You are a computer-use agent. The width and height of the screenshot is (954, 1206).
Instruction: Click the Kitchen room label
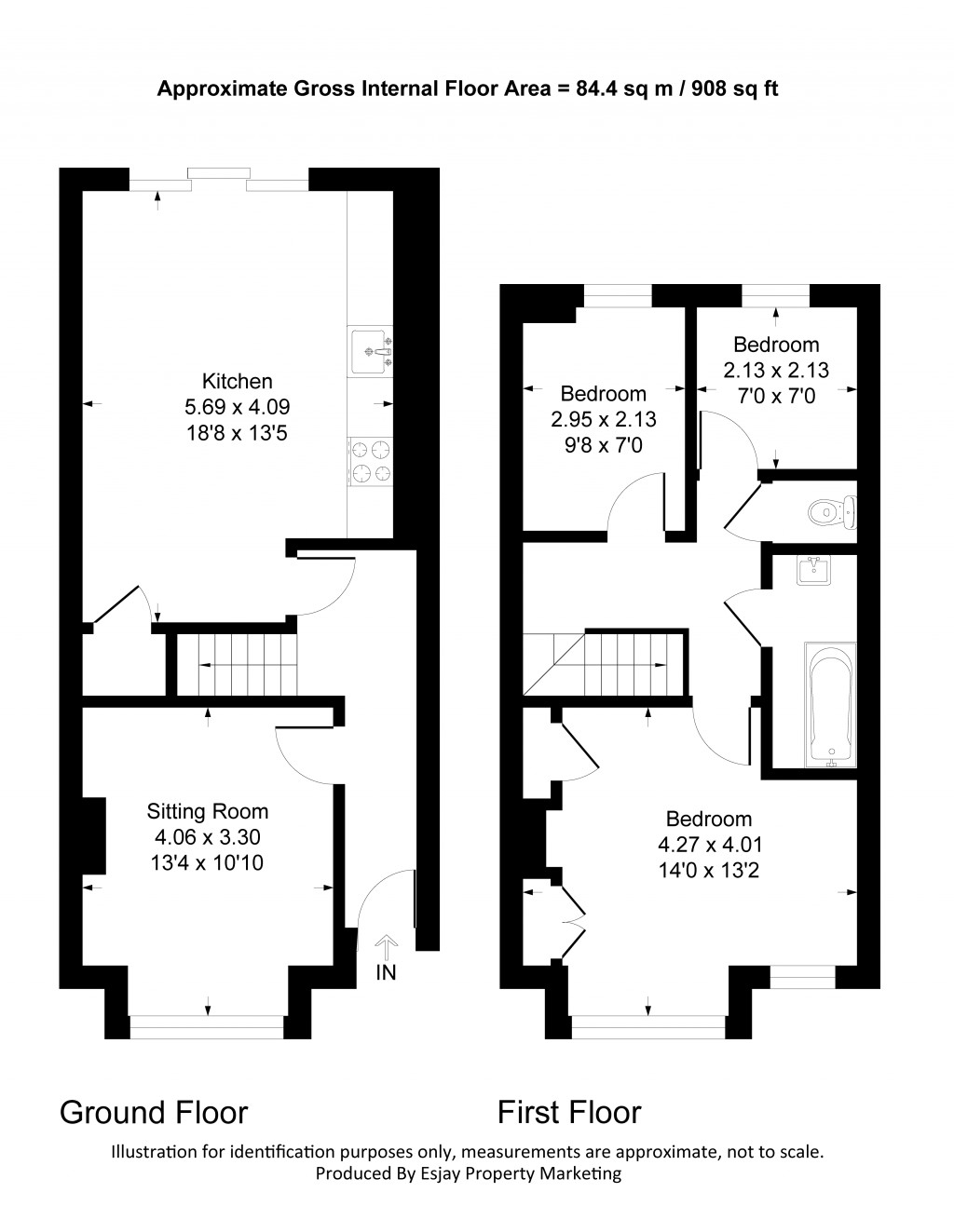tap(238, 381)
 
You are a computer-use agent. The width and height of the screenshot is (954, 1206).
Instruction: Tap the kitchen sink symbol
tap(371, 351)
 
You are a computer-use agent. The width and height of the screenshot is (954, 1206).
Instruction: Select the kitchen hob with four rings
tap(370, 462)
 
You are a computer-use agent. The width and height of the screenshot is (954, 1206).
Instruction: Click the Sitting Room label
tap(208, 811)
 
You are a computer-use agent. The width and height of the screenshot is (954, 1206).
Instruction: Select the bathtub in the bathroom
tap(830, 705)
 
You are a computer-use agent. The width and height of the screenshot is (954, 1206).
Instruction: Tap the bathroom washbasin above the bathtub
tap(814, 570)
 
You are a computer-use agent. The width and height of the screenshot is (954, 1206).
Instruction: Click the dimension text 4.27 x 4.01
tap(709, 845)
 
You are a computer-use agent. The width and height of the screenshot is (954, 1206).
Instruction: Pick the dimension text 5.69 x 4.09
tap(238, 407)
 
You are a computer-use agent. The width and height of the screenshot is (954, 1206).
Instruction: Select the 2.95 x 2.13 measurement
tap(604, 419)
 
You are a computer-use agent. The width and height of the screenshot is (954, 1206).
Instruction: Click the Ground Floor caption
tap(154, 1112)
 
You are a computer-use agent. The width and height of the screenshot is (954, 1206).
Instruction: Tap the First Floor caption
tap(568, 1112)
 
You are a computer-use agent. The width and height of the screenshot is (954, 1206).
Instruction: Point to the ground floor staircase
tap(237, 665)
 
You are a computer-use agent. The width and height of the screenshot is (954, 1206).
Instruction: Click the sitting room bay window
tap(206, 1027)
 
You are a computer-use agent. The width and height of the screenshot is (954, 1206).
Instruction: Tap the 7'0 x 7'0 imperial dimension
tap(776, 396)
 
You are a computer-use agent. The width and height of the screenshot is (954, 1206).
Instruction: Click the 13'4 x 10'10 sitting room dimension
tap(208, 863)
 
